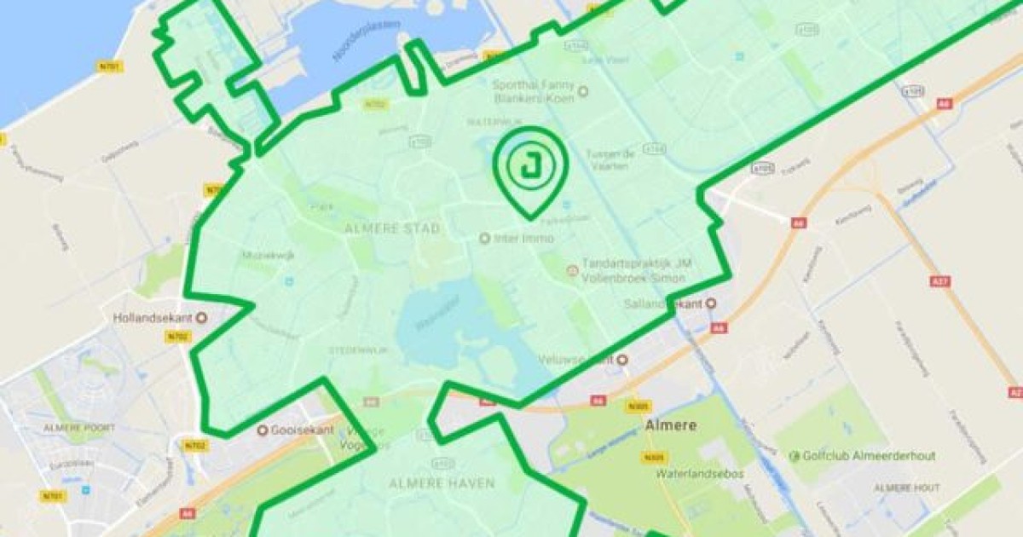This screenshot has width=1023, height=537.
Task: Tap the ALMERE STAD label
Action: click(x=393, y=228)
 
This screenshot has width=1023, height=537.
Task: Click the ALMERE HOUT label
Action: click(x=905, y=488)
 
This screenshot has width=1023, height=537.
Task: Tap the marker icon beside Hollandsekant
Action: click(x=202, y=319)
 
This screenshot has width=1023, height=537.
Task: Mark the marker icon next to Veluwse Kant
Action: click(x=622, y=360)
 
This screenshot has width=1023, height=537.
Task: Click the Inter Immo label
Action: click(x=523, y=238)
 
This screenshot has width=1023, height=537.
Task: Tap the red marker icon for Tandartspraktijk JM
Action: click(x=572, y=271)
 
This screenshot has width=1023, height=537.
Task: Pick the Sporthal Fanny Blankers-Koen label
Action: click(x=535, y=89)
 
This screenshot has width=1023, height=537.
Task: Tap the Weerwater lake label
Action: click(x=436, y=322)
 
